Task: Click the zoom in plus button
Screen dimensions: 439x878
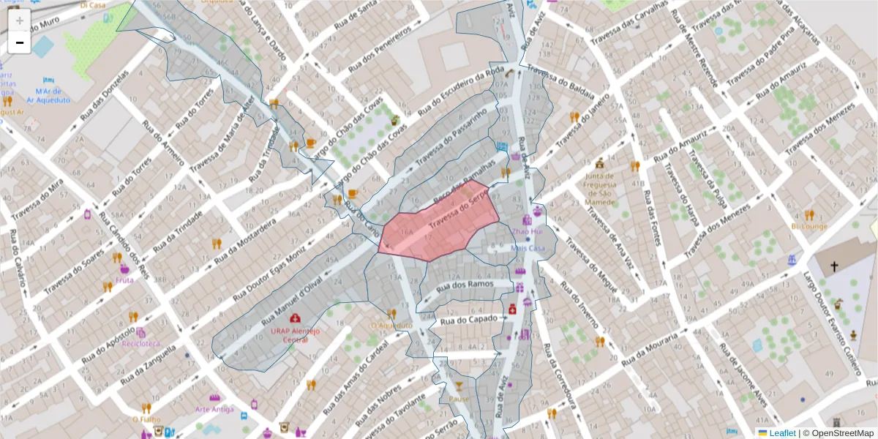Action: pyautogui.click(x=19, y=20)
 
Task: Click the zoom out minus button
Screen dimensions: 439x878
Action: pyautogui.click(x=19, y=42)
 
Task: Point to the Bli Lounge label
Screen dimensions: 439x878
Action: pyautogui.click(x=808, y=226)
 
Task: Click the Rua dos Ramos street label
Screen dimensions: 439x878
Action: pyautogui.click(x=464, y=287)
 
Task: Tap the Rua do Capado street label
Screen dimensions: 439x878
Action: pyautogui.click(x=468, y=319)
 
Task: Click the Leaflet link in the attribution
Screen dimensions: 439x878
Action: pyautogui.click(x=781, y=433)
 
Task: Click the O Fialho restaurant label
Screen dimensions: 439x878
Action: pyautogui.click(x=146, y=420)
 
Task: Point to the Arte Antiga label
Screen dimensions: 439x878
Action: pyautogui.click(x=214, y=409)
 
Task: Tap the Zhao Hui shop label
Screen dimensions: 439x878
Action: pyautogui.click(x=527, y=231)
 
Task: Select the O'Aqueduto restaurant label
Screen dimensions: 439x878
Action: pyautogui.click(x=391, y=326)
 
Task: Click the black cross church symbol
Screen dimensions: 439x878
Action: pyautogui.click(x=834, y=267)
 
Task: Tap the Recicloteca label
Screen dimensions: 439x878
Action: pyautogui.click(x=141, y=342)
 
